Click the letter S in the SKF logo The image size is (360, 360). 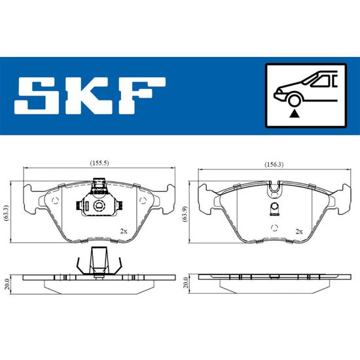point(37,96)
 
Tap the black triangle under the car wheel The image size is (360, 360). point(295,114)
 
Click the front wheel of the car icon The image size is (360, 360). point(295,100)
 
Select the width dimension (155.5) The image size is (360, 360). point(99,163)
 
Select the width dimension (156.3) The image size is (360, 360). point(274,164)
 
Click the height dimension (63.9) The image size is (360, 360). point(185,214)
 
